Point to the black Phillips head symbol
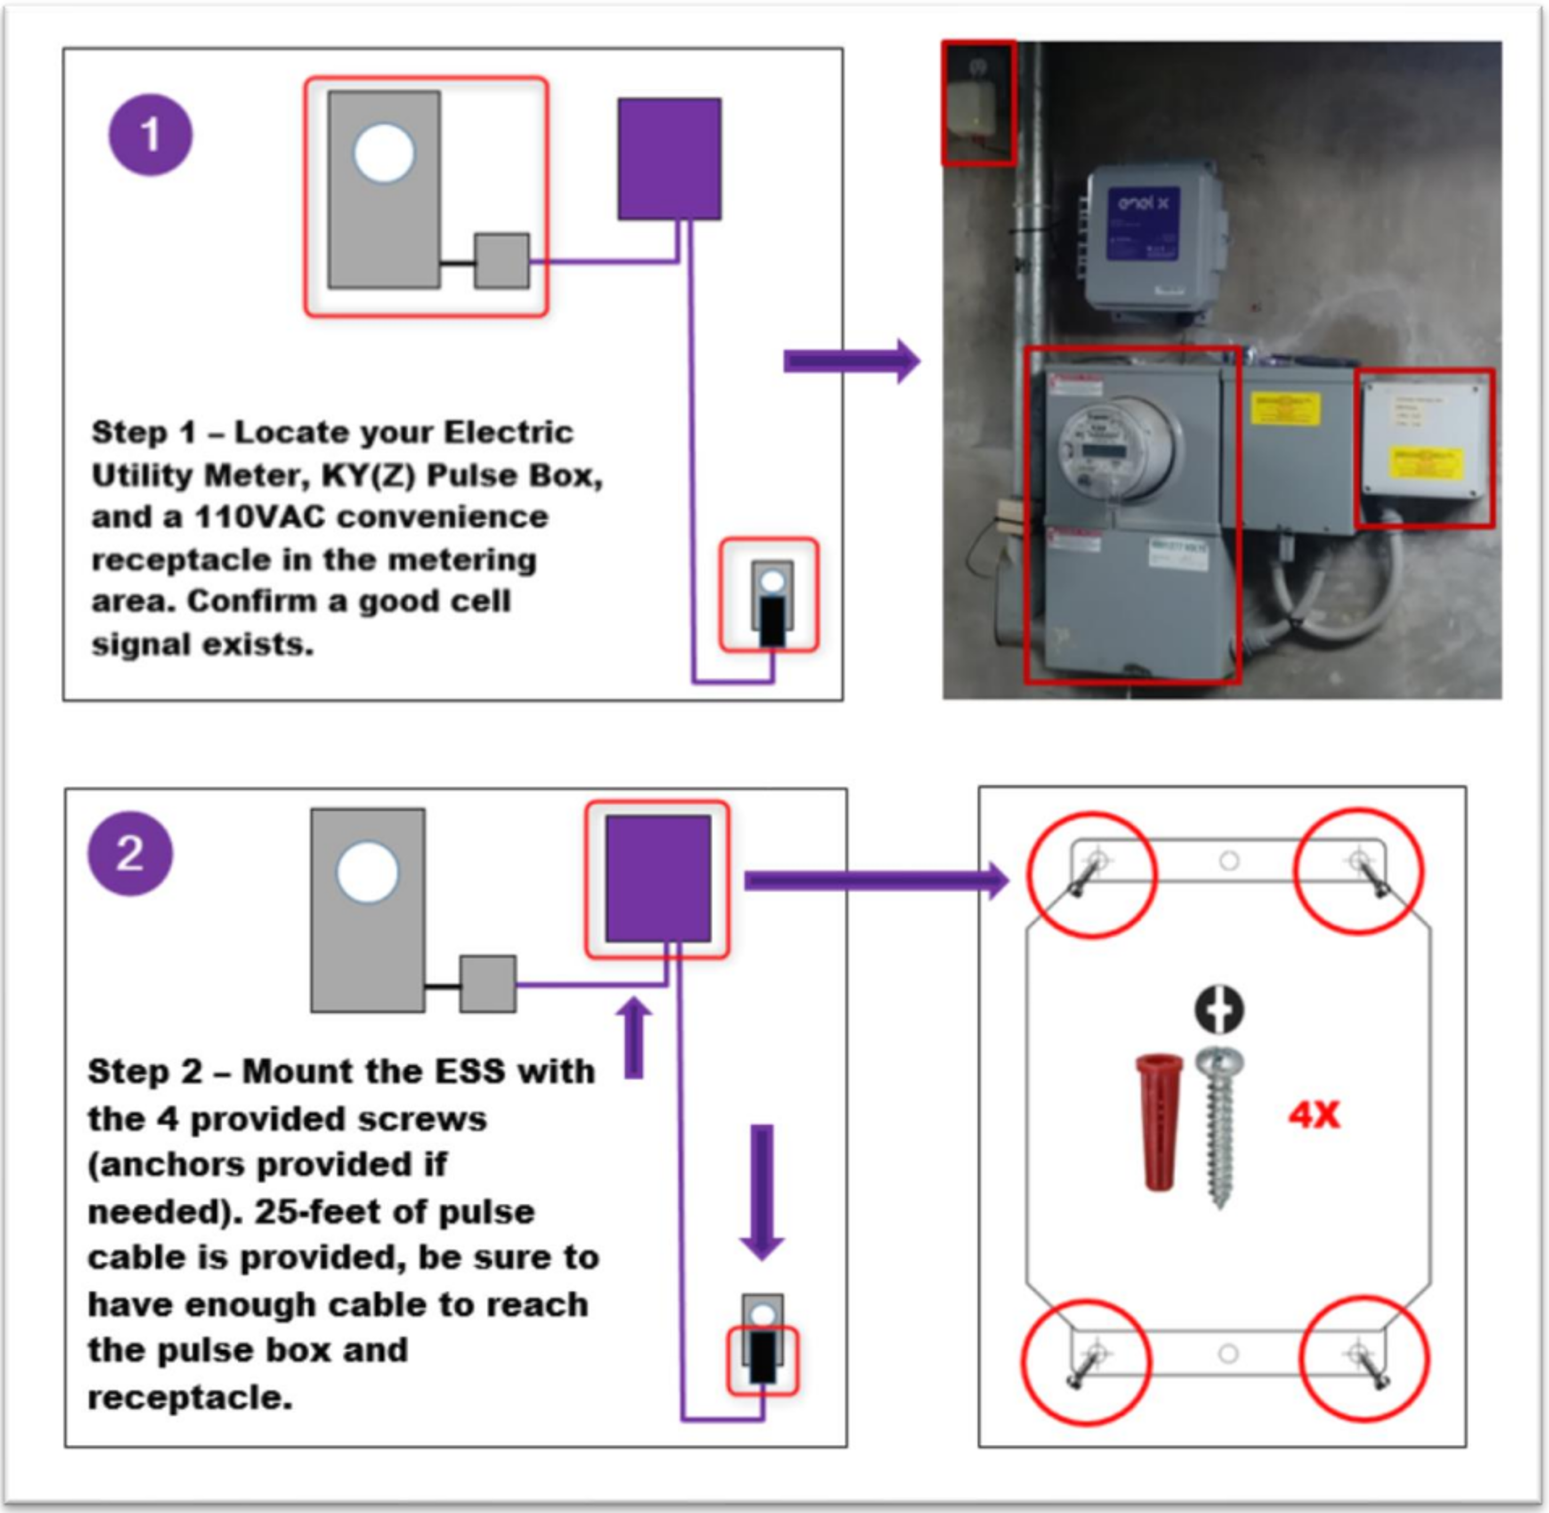pyautogui.click(x=1219, y=1009)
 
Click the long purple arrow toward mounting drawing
pyautogui.click(x=874, y=880)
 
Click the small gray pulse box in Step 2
pyautogui.click(x=487, y=984)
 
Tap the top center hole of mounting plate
pyautogui.click(x=1229, y=861)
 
